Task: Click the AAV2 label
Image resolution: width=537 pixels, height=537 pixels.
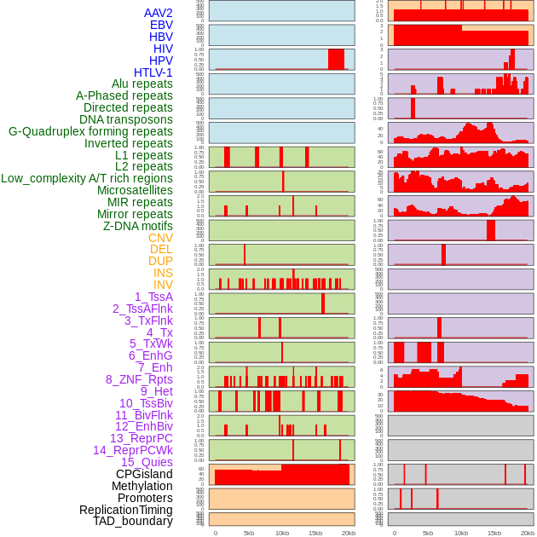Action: click(x=159, y=13)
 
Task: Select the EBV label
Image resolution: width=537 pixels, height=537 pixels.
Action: click(x=161, y=25)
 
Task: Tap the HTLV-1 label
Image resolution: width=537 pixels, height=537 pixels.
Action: click(x=153, y=72)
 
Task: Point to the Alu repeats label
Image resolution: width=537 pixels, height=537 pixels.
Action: click(x=142, y=84)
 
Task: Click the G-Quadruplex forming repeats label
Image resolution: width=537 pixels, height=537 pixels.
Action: click(x=90, y=131)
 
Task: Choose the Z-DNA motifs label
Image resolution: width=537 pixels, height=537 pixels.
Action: click(x=138, y=226)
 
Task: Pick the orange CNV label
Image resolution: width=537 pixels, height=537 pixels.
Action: click(x=160, y=238)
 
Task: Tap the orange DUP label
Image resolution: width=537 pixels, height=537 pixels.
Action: click(x=160, y=261)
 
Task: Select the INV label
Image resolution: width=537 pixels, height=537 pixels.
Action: click(x=163, y=285)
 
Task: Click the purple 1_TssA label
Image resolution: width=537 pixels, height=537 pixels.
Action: click(x=153, y=297)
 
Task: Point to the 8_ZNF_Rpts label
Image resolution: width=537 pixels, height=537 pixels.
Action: click(x=139, y=379)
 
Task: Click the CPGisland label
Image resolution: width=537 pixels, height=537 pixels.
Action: click(x=144, y=474)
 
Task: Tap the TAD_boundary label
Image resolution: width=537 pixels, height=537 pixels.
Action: click(x=133, y=521)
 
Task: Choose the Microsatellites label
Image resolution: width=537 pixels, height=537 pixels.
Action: click(x=135, y=190)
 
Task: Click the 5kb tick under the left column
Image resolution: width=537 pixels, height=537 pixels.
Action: click(x=249, y=533)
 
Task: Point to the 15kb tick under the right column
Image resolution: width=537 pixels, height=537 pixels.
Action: click(x=494, y=533)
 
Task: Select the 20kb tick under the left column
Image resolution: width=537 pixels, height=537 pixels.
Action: click(x=348, y=533)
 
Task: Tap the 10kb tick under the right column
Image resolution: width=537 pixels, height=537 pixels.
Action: click(x=461, y=533)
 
